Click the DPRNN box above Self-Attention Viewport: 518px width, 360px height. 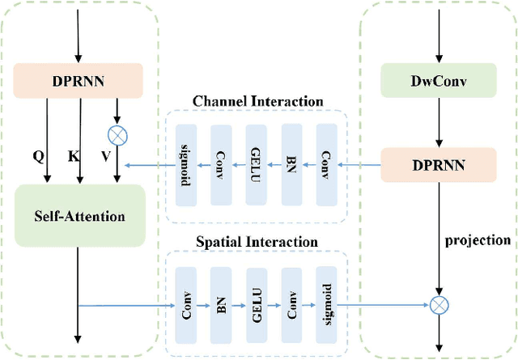(79, 81)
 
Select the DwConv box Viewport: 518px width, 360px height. (438, 81)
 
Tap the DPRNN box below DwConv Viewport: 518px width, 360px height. (438, 164)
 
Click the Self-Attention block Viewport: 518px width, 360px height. (79, 216)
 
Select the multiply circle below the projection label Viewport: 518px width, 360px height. (438, 305)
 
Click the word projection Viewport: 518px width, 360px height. (478, 240)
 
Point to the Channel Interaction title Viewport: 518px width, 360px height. (257, 102)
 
